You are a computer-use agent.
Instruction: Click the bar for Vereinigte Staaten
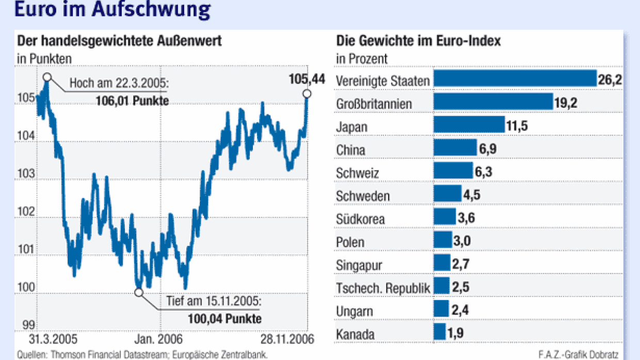[515, 78]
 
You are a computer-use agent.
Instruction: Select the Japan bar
[469, 125]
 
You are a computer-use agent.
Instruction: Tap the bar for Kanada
[439, 332]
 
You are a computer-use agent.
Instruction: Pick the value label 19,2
[566, 103]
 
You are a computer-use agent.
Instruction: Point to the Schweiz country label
[357, 173]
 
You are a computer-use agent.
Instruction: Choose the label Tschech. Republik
[382, 288]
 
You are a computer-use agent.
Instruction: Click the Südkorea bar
[444, 217]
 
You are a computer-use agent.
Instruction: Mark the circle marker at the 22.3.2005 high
[47, 77]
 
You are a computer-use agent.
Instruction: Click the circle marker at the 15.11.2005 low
[138, 292]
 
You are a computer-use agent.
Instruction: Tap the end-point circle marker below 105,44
[307, 93]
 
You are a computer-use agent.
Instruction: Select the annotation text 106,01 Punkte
[132, 101]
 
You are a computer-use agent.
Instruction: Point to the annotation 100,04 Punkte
[225, 318]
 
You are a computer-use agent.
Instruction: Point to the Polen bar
[442, 240]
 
